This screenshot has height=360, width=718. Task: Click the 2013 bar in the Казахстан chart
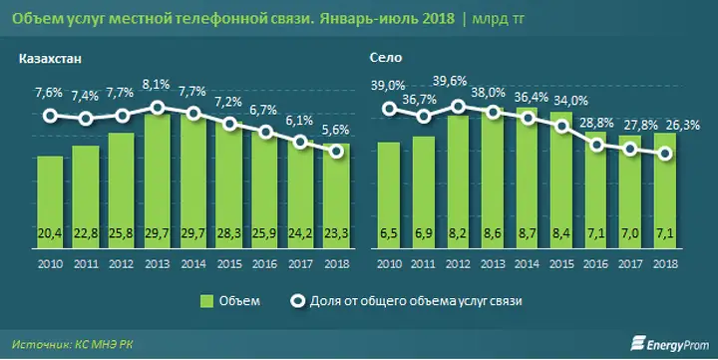pyautogui.click(x=158, y=181)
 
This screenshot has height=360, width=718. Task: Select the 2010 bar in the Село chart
pyautogui.click(x=388, y=195)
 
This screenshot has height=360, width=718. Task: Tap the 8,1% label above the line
pyautogui.click(x=158, y=85)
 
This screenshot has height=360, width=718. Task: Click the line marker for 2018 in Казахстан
pyautogui.click(x=337, y=152)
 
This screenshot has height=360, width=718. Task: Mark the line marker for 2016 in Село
pyautogui.click(x=596, y=146)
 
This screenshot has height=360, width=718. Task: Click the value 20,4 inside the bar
pyautogui.click(x=50, y=233)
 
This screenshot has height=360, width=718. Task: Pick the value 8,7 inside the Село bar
pyautogui.click(x=527, y=233)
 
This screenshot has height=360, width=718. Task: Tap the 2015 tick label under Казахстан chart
pyautogui.click(x=229, y=264)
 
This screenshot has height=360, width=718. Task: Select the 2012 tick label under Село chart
pyautogui.click(x=458, y=264)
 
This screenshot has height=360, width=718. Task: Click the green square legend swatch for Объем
pyautogui.click(x=207, y=301)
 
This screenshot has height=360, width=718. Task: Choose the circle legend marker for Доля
pyautogui.click(x=297, y=301)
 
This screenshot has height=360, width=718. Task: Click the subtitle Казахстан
pyautogui.click(x=50, y=59)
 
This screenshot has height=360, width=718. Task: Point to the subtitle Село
pyautogui.click(x=386, y=58)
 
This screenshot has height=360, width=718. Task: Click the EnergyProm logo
pyautogui.click(x=669, y=344)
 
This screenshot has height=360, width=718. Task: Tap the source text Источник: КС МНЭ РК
pyautogui.click(x=73, y=344)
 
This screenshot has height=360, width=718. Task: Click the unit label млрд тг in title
pyautogui.click(x=499, y=19)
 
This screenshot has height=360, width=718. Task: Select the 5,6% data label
pyautogui.click(x=336, y=130)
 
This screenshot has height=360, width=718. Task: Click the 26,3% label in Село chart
pyautogui.click(x=685, y=125)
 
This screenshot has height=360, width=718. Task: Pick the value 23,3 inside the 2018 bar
pyautogui.click(x=337, y=233)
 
